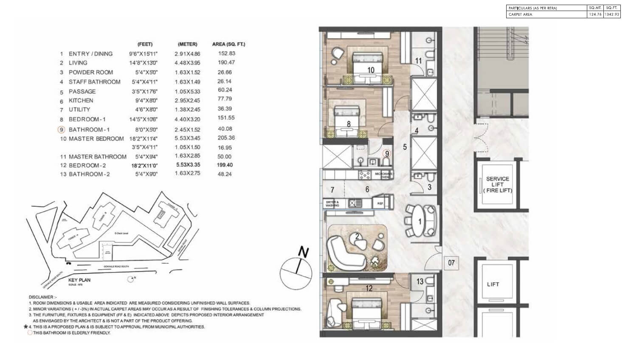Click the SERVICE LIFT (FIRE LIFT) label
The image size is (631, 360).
(497, 185)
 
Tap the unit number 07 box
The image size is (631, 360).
(451, 263)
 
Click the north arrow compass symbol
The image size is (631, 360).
(296, 268)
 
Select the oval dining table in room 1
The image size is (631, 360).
(420, 221)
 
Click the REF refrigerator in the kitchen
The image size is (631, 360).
(380, 203)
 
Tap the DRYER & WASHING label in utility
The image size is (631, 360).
(332, 203)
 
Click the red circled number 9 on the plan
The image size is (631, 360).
(386, 154)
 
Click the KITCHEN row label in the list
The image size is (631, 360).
(81, 101)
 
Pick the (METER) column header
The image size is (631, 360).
(187, 44)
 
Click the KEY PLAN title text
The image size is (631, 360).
(79, 280)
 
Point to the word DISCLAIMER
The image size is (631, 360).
(41, 297)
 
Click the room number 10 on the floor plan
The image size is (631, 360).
(371, 70)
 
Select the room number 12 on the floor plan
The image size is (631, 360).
(369, 288)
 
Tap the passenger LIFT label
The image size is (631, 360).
(493, 284)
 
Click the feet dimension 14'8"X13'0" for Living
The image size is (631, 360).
(143, 63)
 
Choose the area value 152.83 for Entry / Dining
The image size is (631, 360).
(226, 53)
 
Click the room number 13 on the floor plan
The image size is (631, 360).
(420, 281)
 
